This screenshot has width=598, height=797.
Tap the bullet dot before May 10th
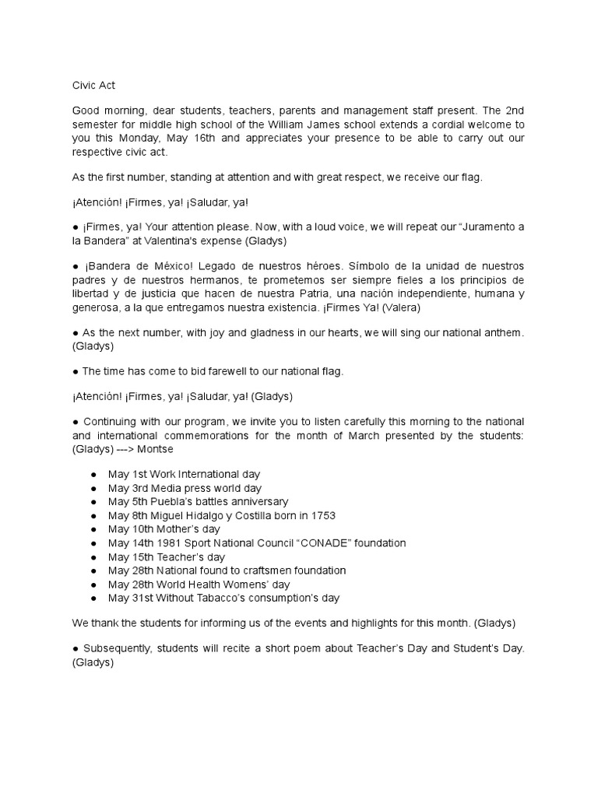tap(93, 529)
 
